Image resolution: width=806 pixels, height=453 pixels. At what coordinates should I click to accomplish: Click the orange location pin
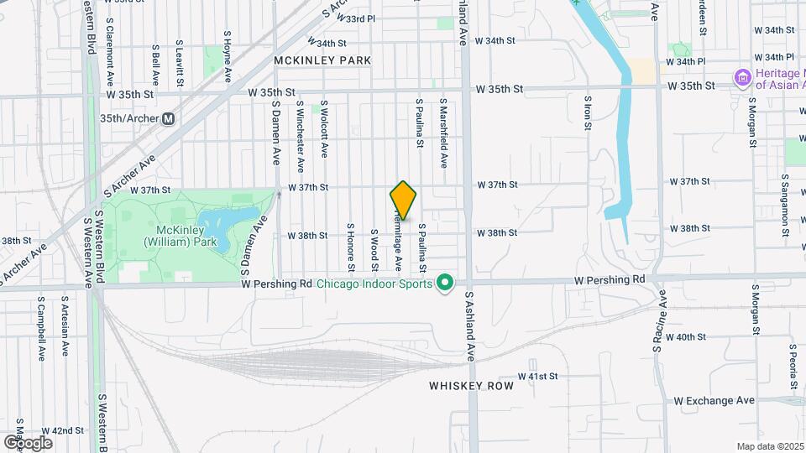tap(403, 200)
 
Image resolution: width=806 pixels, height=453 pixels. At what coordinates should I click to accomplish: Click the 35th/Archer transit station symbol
tap(169, 119)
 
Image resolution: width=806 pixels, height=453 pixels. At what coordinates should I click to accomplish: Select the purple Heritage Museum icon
tap(742, 79)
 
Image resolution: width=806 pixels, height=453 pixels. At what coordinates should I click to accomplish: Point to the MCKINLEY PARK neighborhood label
tap(322, 60)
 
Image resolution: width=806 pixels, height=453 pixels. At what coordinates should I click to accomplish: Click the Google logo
tap(29, 442)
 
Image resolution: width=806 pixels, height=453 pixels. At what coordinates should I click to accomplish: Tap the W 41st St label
tap(538, 377)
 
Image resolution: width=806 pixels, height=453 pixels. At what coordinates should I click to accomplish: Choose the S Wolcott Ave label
tap(324, 130)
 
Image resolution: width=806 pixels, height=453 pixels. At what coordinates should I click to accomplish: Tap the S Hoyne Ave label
tap(227, 56)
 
